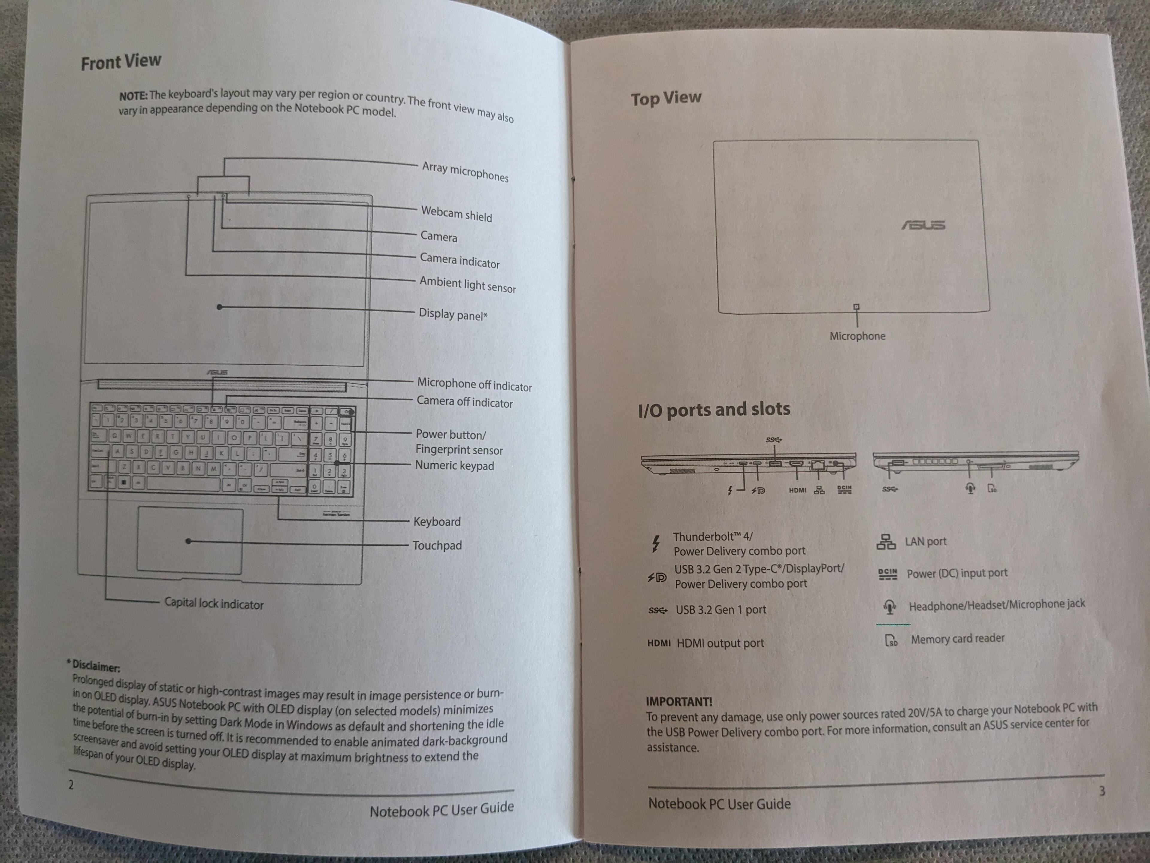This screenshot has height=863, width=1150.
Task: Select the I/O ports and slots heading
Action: coord(714,409)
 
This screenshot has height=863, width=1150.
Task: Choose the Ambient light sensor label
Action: coord(468,284)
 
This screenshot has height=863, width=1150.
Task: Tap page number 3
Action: coord(1102,791)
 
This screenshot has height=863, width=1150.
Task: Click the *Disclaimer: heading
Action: coord(93,665)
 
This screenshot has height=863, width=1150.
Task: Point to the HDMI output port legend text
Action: coord(720,643)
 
